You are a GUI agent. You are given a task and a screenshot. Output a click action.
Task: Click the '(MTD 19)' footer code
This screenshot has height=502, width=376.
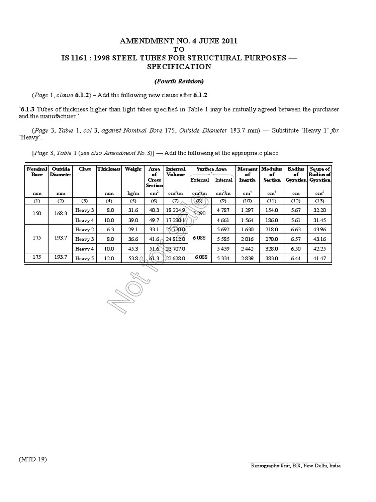pos(33,459)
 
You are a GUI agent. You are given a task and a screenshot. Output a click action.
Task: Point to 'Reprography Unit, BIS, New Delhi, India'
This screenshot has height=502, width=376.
pos(295,466)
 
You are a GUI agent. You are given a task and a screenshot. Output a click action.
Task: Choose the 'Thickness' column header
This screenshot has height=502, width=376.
pos(109,169)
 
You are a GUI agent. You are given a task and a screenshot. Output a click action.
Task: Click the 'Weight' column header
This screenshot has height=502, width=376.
pos(133,169)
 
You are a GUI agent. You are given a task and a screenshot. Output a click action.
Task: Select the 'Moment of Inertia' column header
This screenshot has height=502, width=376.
pos(247,174)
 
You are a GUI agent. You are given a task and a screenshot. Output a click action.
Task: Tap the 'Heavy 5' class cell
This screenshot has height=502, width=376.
pos(84,258)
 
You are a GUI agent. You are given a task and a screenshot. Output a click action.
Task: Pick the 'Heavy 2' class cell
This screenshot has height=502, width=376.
pos(84,229)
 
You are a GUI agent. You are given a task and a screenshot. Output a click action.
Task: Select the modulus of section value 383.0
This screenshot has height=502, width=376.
pos(272,258)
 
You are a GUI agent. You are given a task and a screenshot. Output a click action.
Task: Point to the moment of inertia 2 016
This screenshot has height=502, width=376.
pos(247,239)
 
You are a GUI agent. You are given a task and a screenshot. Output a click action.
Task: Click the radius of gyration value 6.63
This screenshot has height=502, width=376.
pos(296,229)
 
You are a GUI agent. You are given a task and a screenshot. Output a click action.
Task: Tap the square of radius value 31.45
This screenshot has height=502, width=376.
pos(320,220)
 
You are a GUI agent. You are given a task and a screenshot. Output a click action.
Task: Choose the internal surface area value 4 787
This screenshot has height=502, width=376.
pos(224,210)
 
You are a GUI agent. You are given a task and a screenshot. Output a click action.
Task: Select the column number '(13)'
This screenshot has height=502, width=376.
pos(320,201)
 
